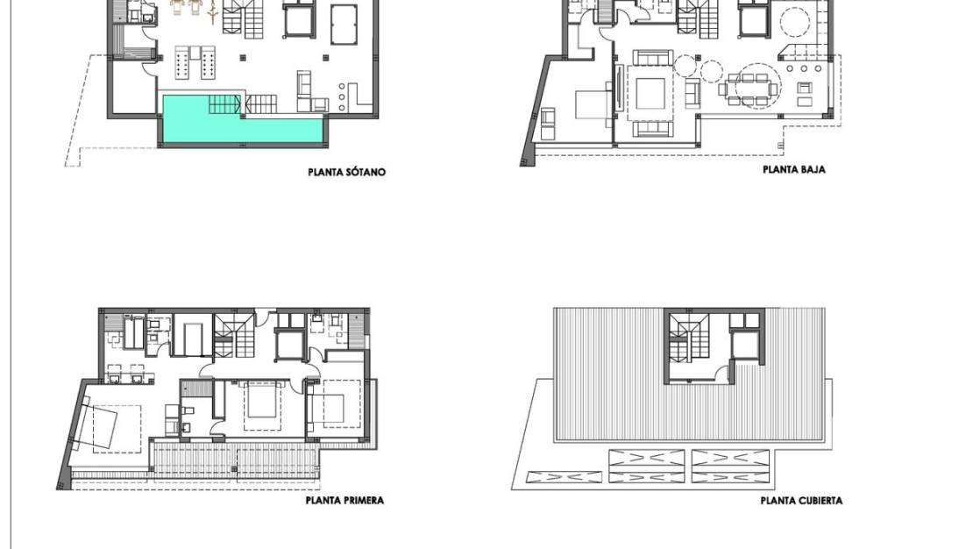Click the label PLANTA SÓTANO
coord(346,172)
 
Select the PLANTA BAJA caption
coord(793,170)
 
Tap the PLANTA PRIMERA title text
coord(344,501)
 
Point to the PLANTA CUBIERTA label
coord(801,501)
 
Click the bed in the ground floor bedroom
coord(588,105)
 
